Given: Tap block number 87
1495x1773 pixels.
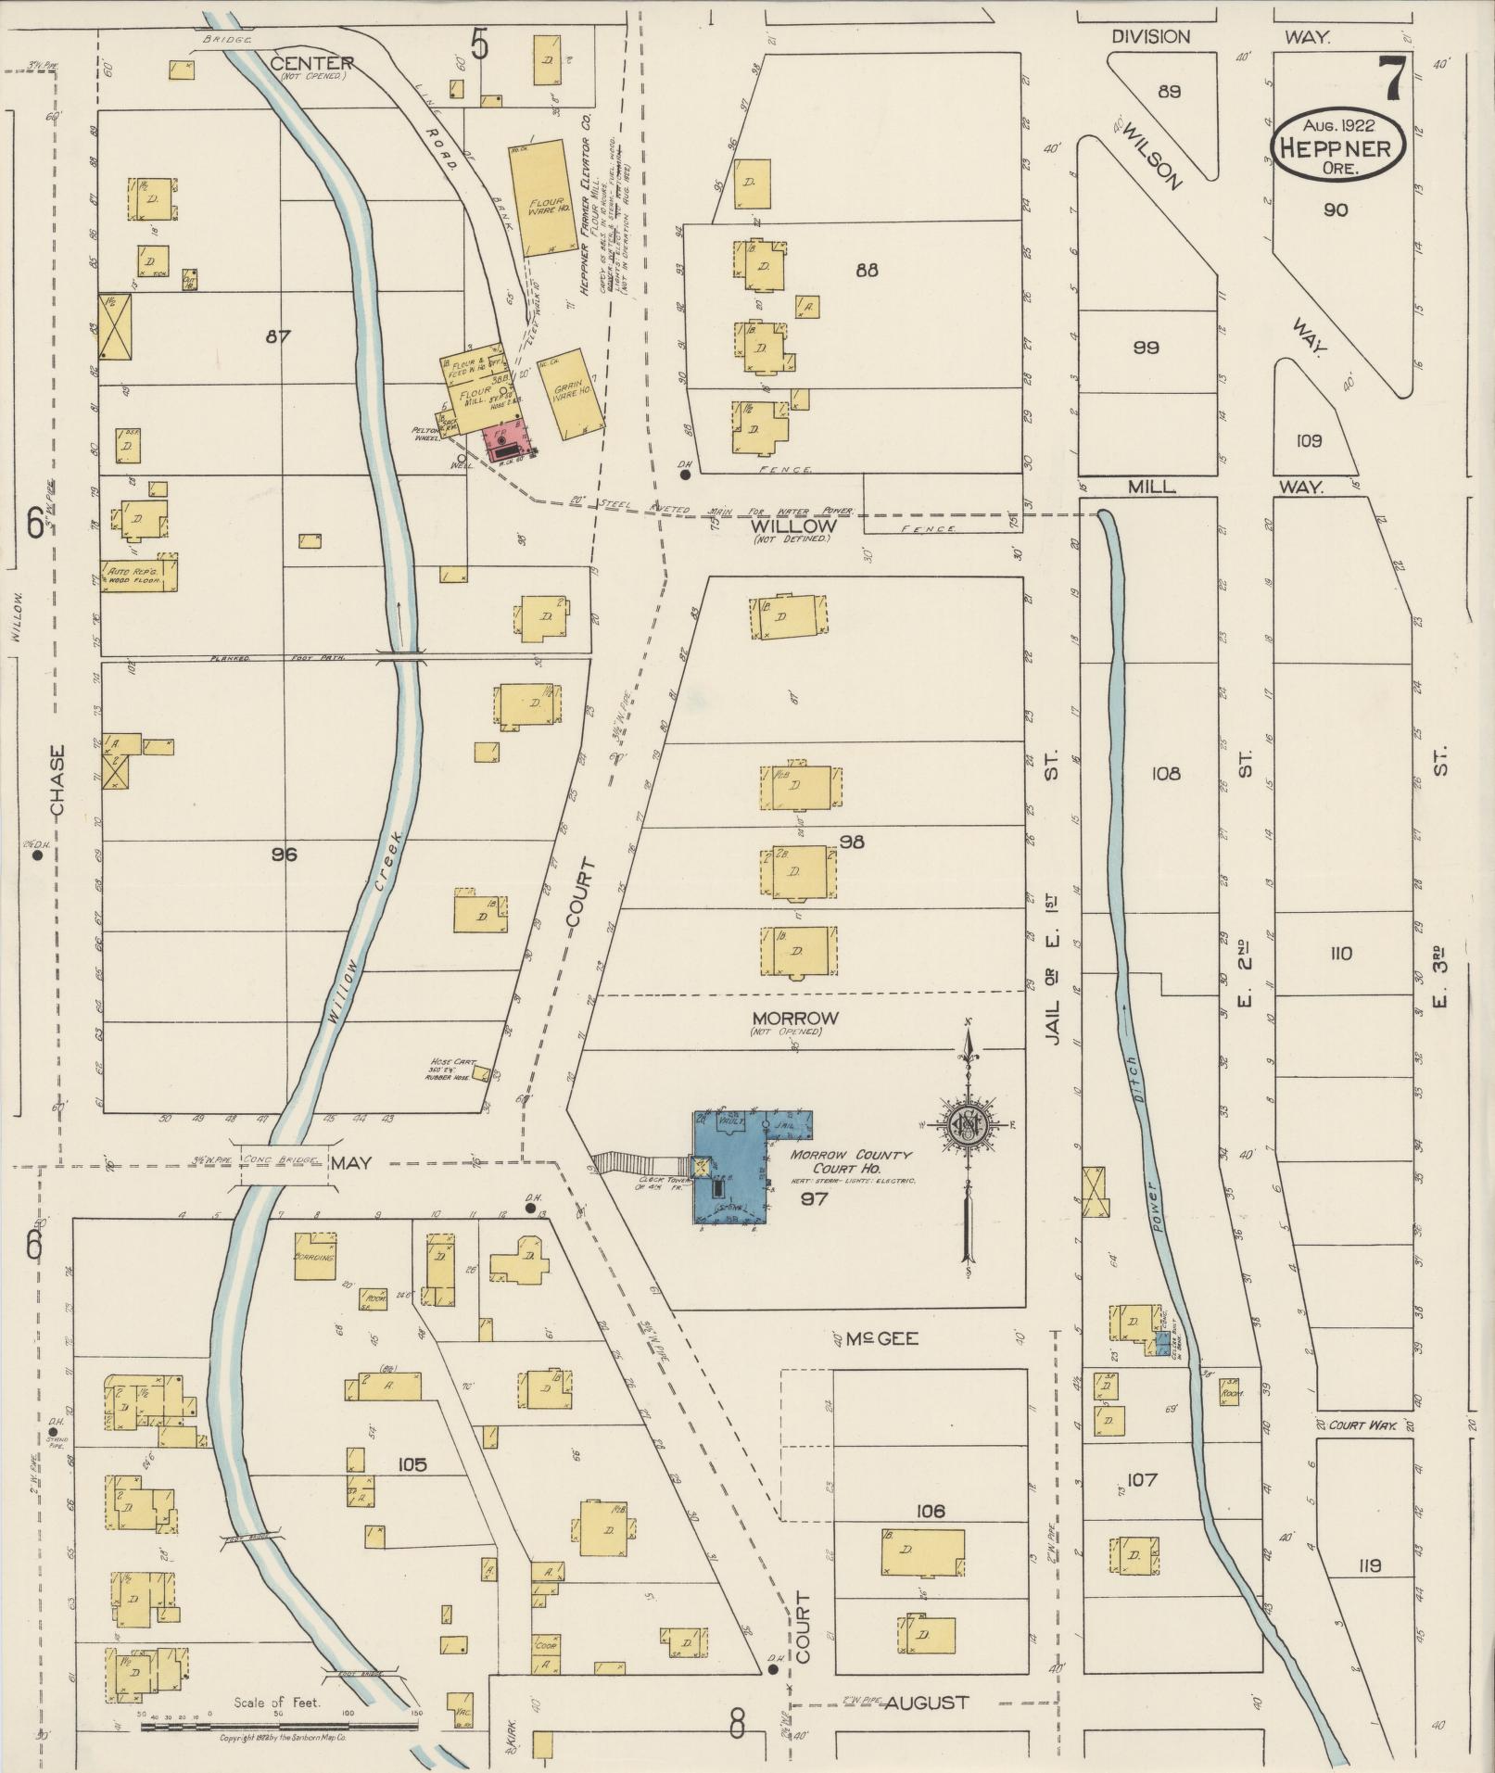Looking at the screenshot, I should (278, 336).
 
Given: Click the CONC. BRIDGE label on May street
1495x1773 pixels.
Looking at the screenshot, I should (284, 1159).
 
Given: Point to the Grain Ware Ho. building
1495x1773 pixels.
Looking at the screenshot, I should (575, 394).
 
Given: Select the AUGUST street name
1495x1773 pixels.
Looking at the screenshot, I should (926, 1703).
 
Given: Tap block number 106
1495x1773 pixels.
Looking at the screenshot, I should (930, 1512).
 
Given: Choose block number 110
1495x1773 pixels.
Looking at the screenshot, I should (1340, 954).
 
